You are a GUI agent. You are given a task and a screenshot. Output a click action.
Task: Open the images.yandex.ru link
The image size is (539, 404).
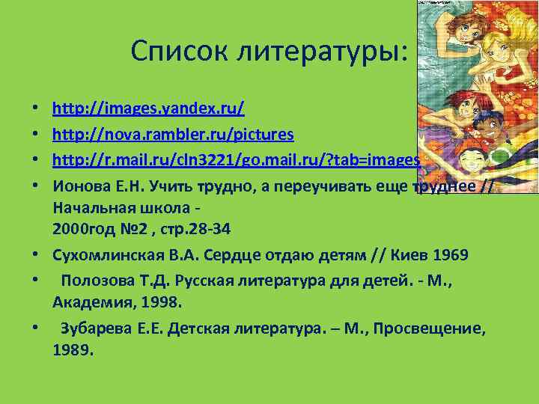[148, 108]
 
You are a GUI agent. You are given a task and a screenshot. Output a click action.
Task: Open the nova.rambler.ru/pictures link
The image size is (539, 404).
[173, 134]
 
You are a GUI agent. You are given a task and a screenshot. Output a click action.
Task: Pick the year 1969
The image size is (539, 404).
[448, 255]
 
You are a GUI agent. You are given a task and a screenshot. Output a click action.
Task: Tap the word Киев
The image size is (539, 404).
[405, 255]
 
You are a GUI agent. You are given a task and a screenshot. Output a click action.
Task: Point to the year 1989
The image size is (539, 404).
[73, 349]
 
